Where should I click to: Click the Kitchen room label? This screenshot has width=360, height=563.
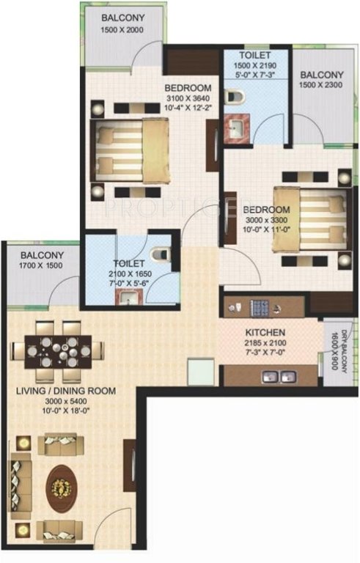[265, 331]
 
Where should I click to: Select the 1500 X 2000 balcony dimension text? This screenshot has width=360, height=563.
[122, 30]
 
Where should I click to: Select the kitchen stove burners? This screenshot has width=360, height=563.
[261, 304]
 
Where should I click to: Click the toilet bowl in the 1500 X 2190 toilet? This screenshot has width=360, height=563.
[235, 95]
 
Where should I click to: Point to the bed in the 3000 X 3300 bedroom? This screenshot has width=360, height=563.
[307, 218]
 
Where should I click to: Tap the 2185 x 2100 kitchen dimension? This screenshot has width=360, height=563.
[265, 342]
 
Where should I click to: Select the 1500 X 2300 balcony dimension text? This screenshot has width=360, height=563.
[320, 86]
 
